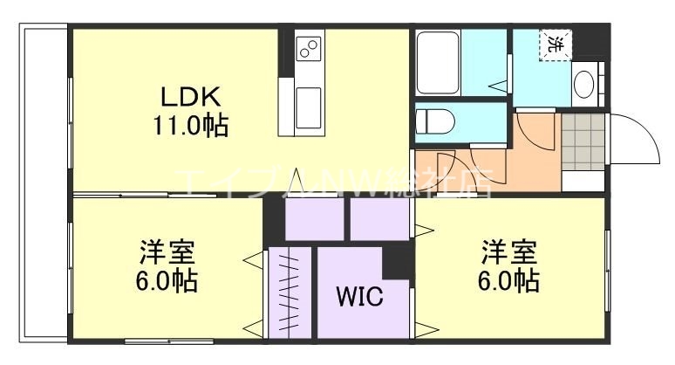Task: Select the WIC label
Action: (359, 297)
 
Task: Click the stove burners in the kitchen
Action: (307, 49)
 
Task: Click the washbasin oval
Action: (583, 86)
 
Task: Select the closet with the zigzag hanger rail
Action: (290, 293)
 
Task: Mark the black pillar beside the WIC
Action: (398, 261)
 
